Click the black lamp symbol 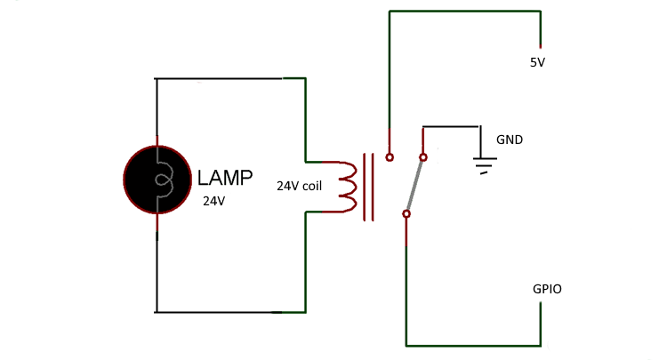point(157,180)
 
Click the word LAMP point(225,177)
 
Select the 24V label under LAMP point(214,202)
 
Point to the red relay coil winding point(348,188)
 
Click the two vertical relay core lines point(368,188)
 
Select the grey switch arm point(414,186)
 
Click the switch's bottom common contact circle point(406,213)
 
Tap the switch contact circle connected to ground point(422,157)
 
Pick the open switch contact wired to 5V point(390,157)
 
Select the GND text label point(510,140)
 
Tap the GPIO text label point(547,289)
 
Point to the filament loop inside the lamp point(162,180)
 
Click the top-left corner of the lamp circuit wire point(157,79)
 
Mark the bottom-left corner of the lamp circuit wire point(157,312)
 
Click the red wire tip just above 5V point(541,45)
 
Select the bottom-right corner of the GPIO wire point(540,345)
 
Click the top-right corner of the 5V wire point(540,12)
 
